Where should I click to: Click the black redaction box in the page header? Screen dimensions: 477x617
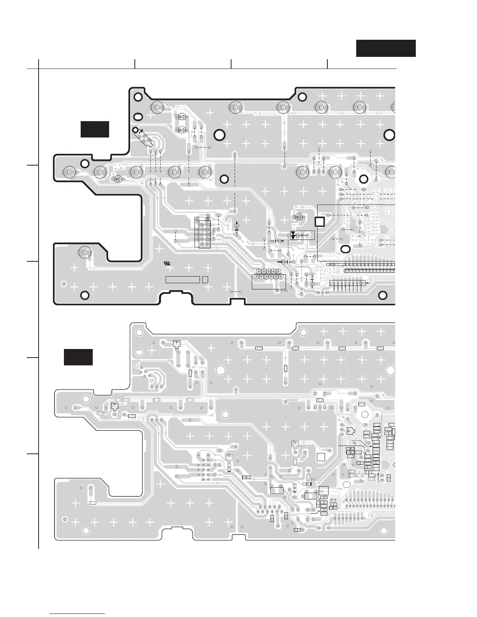[386, 48]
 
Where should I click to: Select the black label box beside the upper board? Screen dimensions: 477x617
[95, 129]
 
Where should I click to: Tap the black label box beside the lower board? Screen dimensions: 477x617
[78, 357]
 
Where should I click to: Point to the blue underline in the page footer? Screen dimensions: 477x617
[78, 613]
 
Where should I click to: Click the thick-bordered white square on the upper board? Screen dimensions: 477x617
[320, 222]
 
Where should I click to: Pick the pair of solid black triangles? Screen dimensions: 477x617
[293, 235]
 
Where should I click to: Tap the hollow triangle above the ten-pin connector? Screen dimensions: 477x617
[208, 215]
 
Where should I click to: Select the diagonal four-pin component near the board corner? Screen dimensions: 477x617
[143, 138]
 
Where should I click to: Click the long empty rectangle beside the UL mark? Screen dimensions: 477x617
[183, 279]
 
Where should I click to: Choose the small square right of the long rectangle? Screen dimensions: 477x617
[205, 279]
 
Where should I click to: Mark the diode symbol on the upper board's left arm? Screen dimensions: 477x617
[117, 179]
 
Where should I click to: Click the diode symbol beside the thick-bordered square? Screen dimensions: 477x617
[299, 217]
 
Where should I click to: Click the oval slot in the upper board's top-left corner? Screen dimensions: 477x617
[138, 116]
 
